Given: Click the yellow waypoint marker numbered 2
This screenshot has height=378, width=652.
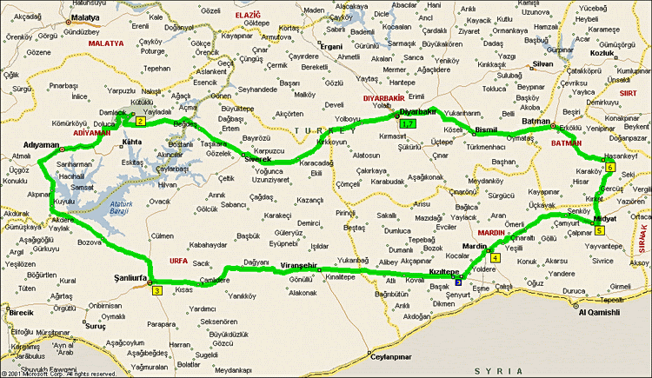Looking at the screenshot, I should tap(140, 121).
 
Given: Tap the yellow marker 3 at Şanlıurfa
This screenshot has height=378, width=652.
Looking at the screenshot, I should tap(156, 290).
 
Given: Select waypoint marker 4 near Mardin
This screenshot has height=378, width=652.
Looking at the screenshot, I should tap(496, 257).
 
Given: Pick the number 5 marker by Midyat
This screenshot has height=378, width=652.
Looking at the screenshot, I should tap(599, 230).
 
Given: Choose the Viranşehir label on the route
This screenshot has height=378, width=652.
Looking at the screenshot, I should tap(297, 264).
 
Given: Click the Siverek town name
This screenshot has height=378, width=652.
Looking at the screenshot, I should tap(256, 160).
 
